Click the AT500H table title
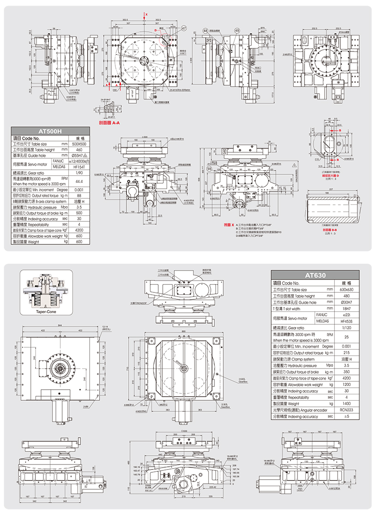50,131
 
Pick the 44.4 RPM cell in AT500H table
78,181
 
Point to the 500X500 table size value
78,143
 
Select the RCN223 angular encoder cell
346,423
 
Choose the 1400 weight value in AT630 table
346,416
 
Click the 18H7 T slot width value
346,309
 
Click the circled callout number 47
184,28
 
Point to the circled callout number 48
205,30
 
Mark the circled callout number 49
237,30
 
